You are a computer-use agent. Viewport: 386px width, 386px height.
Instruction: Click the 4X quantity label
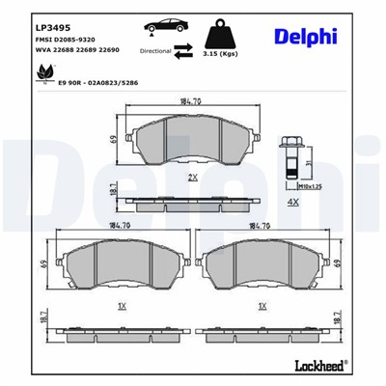[292, 204]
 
